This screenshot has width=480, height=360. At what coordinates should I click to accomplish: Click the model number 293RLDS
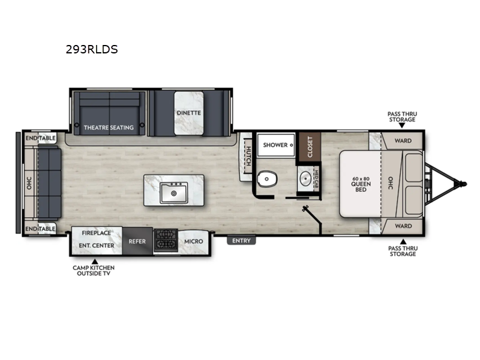click(x=92, y=50)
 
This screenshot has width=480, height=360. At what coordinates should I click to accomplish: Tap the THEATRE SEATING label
click(x=109, y=127)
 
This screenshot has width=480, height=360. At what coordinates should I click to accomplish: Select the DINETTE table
click(x=188, y=113)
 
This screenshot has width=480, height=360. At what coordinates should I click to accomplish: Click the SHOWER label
click(x=276, y=145)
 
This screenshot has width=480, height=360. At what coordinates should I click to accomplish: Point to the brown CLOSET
click(x=310, y=147)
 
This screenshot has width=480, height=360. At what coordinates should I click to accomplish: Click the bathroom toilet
click(x=266, y=179)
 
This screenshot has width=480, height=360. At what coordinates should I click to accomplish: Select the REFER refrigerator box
click(x=137, y=241)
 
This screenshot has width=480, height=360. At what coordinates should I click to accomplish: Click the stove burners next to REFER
click(x=164, y=241)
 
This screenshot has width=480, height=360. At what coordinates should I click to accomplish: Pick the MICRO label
click(x=193, y=241)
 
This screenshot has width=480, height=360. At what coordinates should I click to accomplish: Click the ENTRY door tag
click(x=241, y=241)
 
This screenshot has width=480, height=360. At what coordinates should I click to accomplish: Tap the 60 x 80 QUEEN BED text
click(x=361, y=184)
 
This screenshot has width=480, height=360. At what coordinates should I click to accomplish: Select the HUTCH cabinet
click(x=245, y=155)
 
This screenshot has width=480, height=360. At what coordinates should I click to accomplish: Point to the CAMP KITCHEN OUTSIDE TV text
click(x=93, y=270)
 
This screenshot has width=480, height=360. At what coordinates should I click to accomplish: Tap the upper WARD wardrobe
click(x=403, y=142)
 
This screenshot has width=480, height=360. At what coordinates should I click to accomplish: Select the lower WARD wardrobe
click(x=403, y=226)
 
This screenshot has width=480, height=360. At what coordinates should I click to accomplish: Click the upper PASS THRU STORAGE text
click(x=401, y=116)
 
